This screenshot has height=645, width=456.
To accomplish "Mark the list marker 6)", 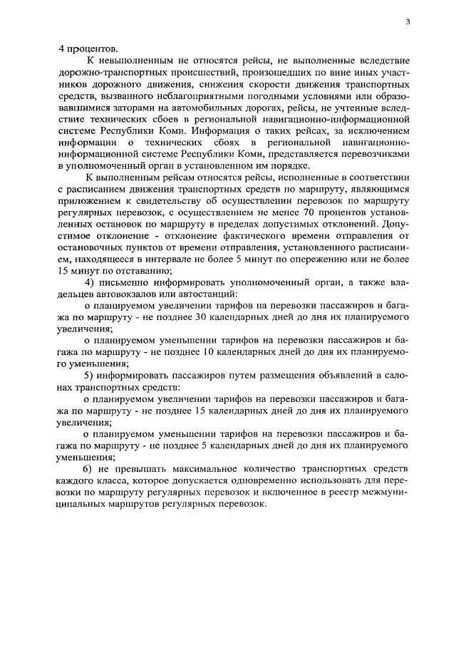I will [88, 468].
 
